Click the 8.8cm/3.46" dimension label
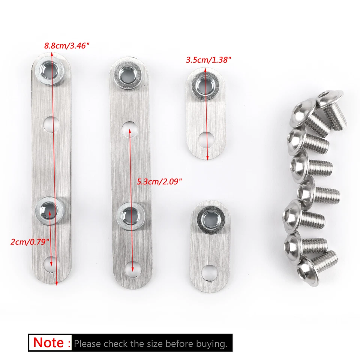(x=67, y=46)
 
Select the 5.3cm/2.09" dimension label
(x=159, y=181)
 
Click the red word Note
(x=48, y=343)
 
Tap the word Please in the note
(x=87, y=343)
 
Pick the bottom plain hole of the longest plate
(x=51, y=263)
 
